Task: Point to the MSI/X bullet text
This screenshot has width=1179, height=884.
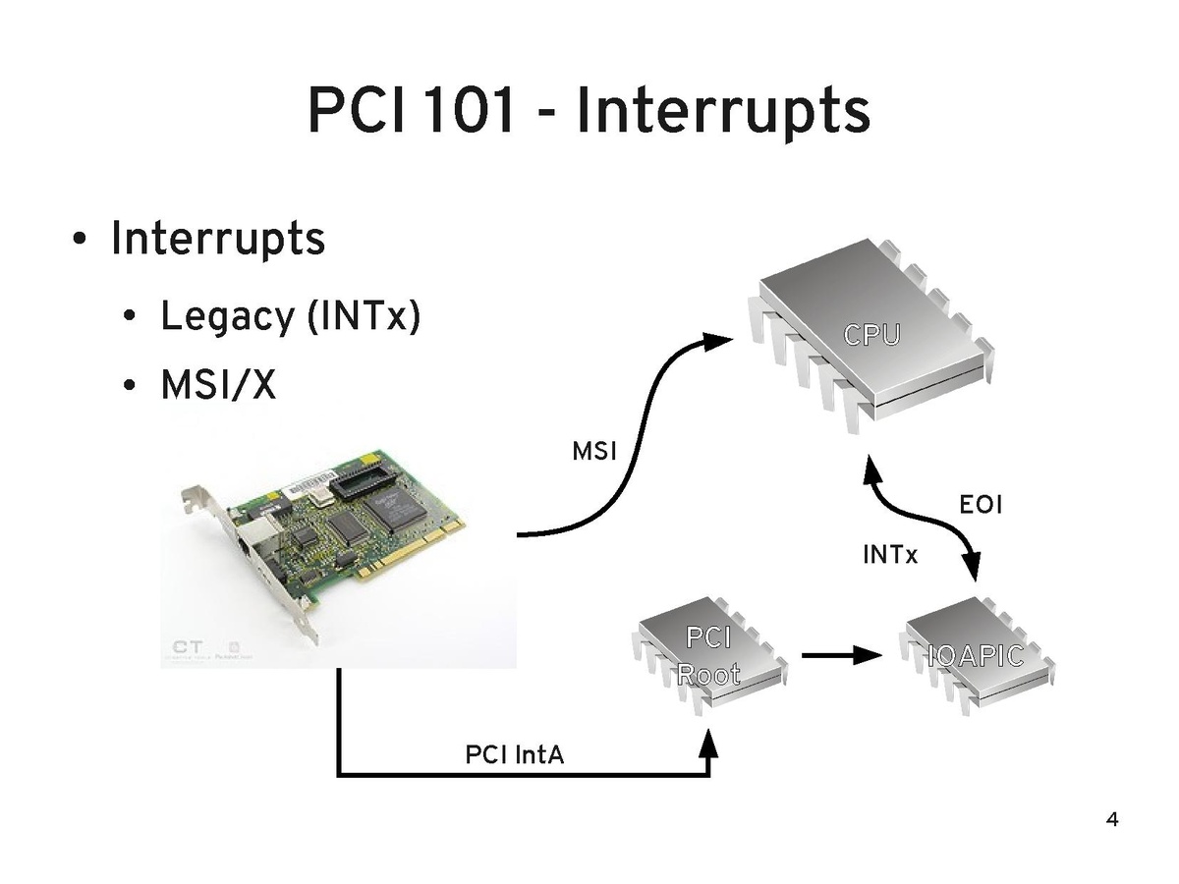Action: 218,386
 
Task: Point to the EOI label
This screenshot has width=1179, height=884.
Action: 981,506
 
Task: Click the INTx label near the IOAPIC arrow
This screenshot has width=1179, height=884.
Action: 889,556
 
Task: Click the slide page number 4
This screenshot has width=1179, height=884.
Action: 1112,819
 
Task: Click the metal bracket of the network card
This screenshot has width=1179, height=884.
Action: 246,560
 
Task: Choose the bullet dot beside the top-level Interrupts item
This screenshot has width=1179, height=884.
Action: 79,241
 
